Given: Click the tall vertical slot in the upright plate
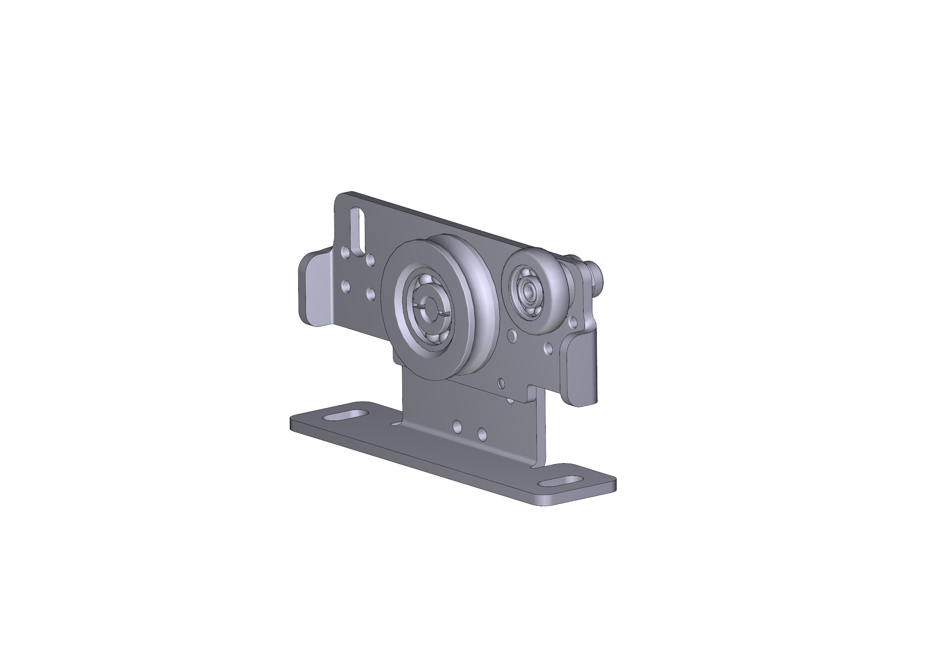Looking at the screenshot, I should (359, 232).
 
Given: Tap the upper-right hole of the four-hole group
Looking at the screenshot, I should (370, 260).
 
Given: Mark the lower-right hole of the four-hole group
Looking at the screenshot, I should (371, 293).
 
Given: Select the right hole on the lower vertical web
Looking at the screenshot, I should (482, 434).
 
